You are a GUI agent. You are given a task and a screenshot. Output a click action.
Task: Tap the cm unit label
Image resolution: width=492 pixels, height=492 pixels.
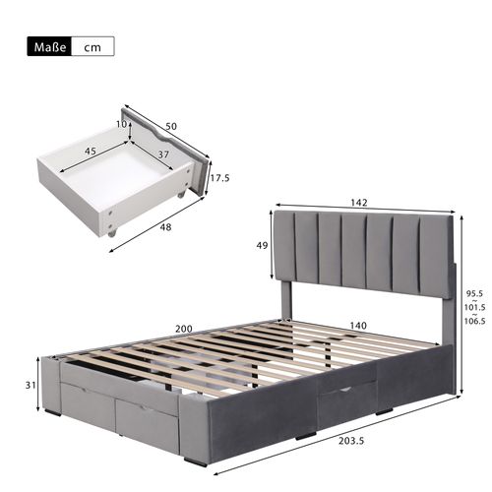(92, 46)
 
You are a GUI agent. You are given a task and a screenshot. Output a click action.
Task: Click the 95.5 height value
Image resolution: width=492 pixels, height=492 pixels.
(474, 292)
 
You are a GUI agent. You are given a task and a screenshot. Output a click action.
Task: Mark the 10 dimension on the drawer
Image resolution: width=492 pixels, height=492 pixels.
(121, 124)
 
